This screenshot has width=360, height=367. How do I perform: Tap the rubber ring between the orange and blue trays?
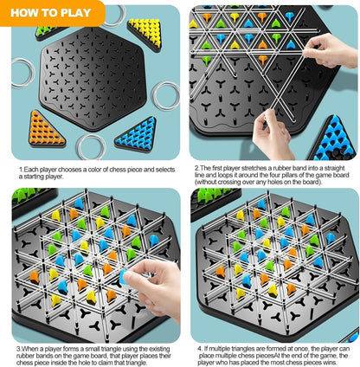point(90,146)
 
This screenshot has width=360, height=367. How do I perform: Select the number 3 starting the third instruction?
point(18,349)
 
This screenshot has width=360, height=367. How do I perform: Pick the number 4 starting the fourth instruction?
point(196,349)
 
